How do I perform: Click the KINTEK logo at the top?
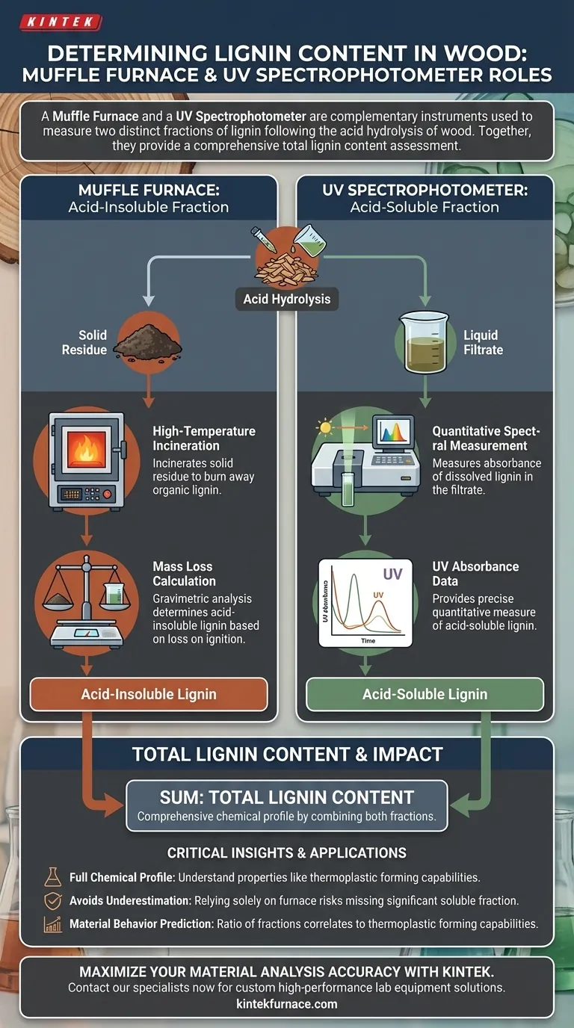61,22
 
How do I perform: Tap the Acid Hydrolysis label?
286,300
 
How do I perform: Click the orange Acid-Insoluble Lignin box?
148,694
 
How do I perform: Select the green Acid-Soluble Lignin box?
425,694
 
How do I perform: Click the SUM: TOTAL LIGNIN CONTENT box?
286,805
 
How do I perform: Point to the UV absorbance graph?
365,601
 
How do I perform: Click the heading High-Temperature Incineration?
203,439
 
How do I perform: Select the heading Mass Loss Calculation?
184,574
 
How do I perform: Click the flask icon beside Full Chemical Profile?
53,877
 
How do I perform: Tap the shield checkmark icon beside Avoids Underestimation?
53,901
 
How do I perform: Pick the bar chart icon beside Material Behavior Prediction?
53,925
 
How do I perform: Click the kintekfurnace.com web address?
286,1004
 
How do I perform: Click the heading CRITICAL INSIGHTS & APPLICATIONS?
286,852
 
